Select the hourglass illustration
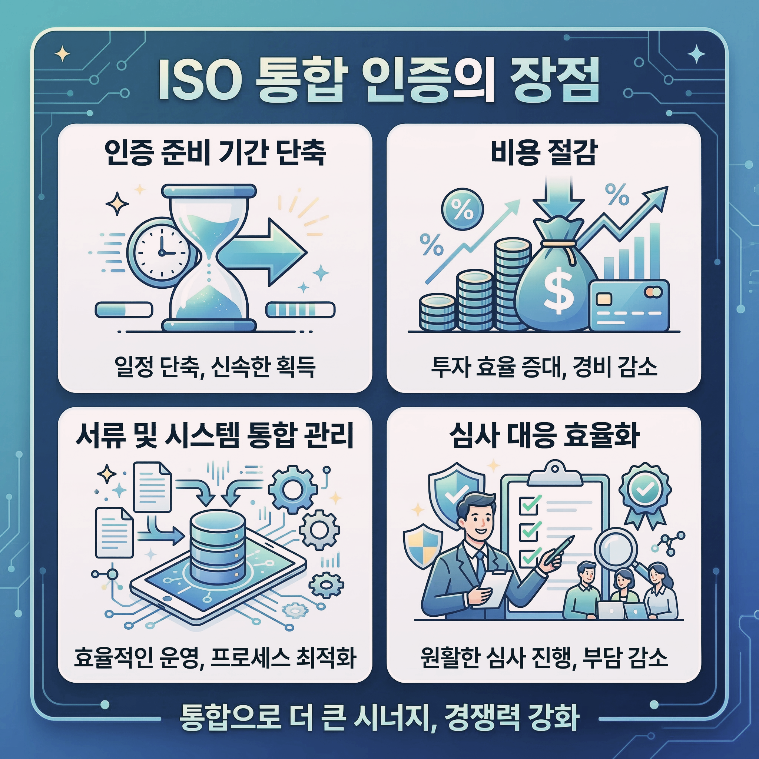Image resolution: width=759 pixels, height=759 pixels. click(209, 257)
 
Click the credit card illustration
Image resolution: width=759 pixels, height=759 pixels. click(629, 305)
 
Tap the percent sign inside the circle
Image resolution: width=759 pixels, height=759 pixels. click(463, 209)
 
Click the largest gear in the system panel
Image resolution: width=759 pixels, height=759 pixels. click(293, 489)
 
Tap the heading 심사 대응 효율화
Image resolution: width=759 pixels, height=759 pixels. click(544, 436)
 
